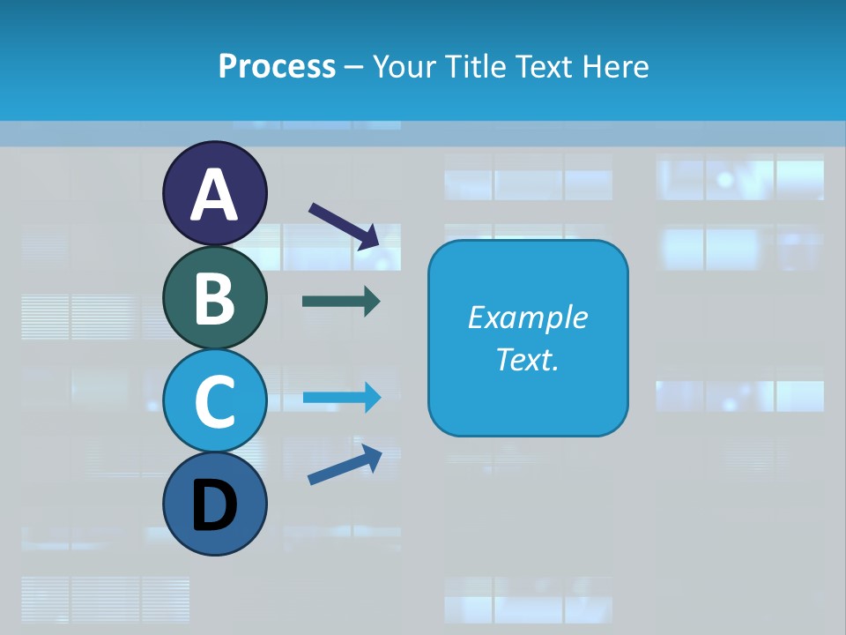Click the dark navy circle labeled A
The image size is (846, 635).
click(214, 193)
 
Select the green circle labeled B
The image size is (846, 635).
click(214, 297)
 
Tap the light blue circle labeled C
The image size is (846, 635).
click(214, 401)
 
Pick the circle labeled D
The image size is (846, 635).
click(214, 504)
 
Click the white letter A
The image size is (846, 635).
click(214, 195)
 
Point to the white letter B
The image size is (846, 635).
click(214, 298)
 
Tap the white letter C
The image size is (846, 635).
click(214, 402)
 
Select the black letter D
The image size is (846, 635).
click(214, 506)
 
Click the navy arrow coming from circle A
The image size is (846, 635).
click(345, 225)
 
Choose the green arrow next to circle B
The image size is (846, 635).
click(341, 302)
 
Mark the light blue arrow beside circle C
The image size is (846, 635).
click(341, 397)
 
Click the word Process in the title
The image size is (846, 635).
click(277, 66)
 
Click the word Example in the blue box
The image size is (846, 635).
click(527, 318)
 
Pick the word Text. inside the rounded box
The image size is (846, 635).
click(527, 360)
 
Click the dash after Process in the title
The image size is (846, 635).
click(353, 68)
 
